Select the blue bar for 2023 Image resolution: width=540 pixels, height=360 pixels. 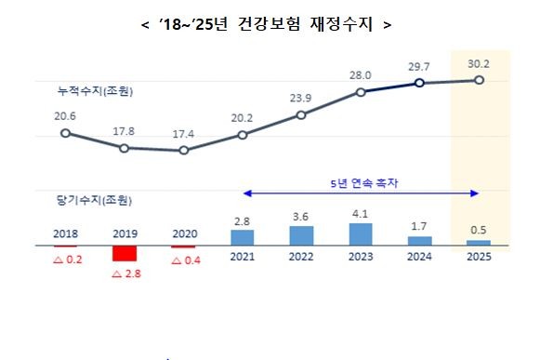[x=361, y=233]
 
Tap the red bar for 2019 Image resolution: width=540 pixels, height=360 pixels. [x=125, y=254]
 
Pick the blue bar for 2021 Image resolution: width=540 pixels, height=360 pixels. [x=243, y=237]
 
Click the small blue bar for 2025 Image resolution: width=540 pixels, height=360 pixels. [x=479, y=242]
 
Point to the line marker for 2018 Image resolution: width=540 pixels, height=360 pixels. [x=65, y=133]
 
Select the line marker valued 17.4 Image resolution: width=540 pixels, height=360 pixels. [x=183, y=150]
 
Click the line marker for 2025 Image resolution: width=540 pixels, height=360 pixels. [x=479, y=81]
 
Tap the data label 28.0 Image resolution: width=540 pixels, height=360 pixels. [x=361, y=75]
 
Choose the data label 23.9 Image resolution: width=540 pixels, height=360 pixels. [x=301, y=99]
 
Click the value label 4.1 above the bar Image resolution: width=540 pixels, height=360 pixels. [x=361, y=215]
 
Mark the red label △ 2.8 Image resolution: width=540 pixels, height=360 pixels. [x=125, y=275]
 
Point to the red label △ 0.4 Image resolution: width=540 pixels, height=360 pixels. [x=183, y=260]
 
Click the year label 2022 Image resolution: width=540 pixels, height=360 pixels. [x=301, y=257]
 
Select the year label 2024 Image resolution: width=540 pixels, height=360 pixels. [x=419, y=257]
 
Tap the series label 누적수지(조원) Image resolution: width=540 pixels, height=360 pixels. [x=93, y=91]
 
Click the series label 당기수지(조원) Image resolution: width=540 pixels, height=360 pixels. [x=93, y=200]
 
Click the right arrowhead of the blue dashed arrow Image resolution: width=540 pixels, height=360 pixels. [x=475, y=193]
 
